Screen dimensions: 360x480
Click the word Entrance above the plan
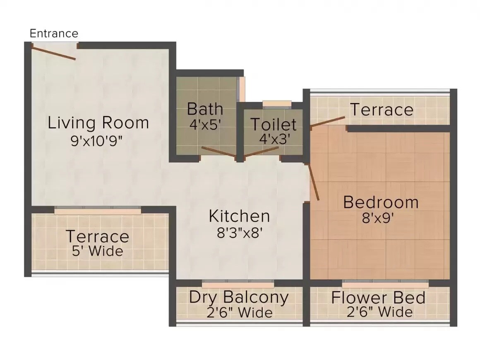tap(54, 34)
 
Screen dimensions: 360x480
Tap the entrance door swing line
tap(54, 52)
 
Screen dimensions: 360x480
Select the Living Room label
tap(98, 123)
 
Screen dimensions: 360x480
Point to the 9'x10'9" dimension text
tap(98, 141)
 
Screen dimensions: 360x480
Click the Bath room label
tap(205, 109)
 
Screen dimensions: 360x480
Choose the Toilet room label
tap(274, 124)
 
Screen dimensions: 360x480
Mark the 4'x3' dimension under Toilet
tap(274, 139)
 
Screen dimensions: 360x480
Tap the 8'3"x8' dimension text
tap(240, 233)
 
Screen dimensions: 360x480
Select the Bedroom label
tap(381, 202)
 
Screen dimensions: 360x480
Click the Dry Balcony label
tap(239, 297)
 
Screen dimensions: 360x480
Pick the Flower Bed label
tap(378, 298)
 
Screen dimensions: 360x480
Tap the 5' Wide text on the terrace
tap(98, 251)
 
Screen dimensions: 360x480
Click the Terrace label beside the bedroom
tap(382, 110)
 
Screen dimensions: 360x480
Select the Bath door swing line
tap(218, 152)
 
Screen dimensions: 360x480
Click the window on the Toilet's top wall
tap(277, 103)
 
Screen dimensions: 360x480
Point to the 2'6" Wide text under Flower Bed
tap(379, 312)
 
